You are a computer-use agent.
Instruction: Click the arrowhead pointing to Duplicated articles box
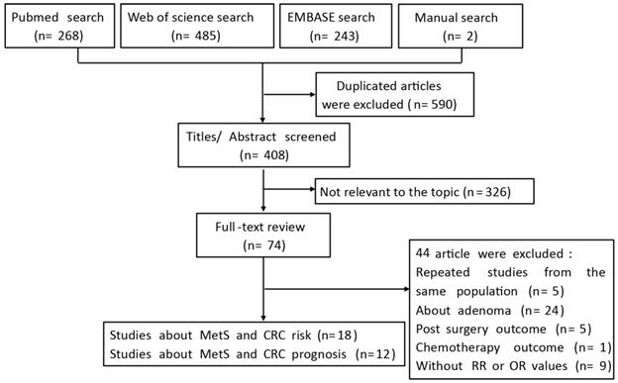coord(310,95)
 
